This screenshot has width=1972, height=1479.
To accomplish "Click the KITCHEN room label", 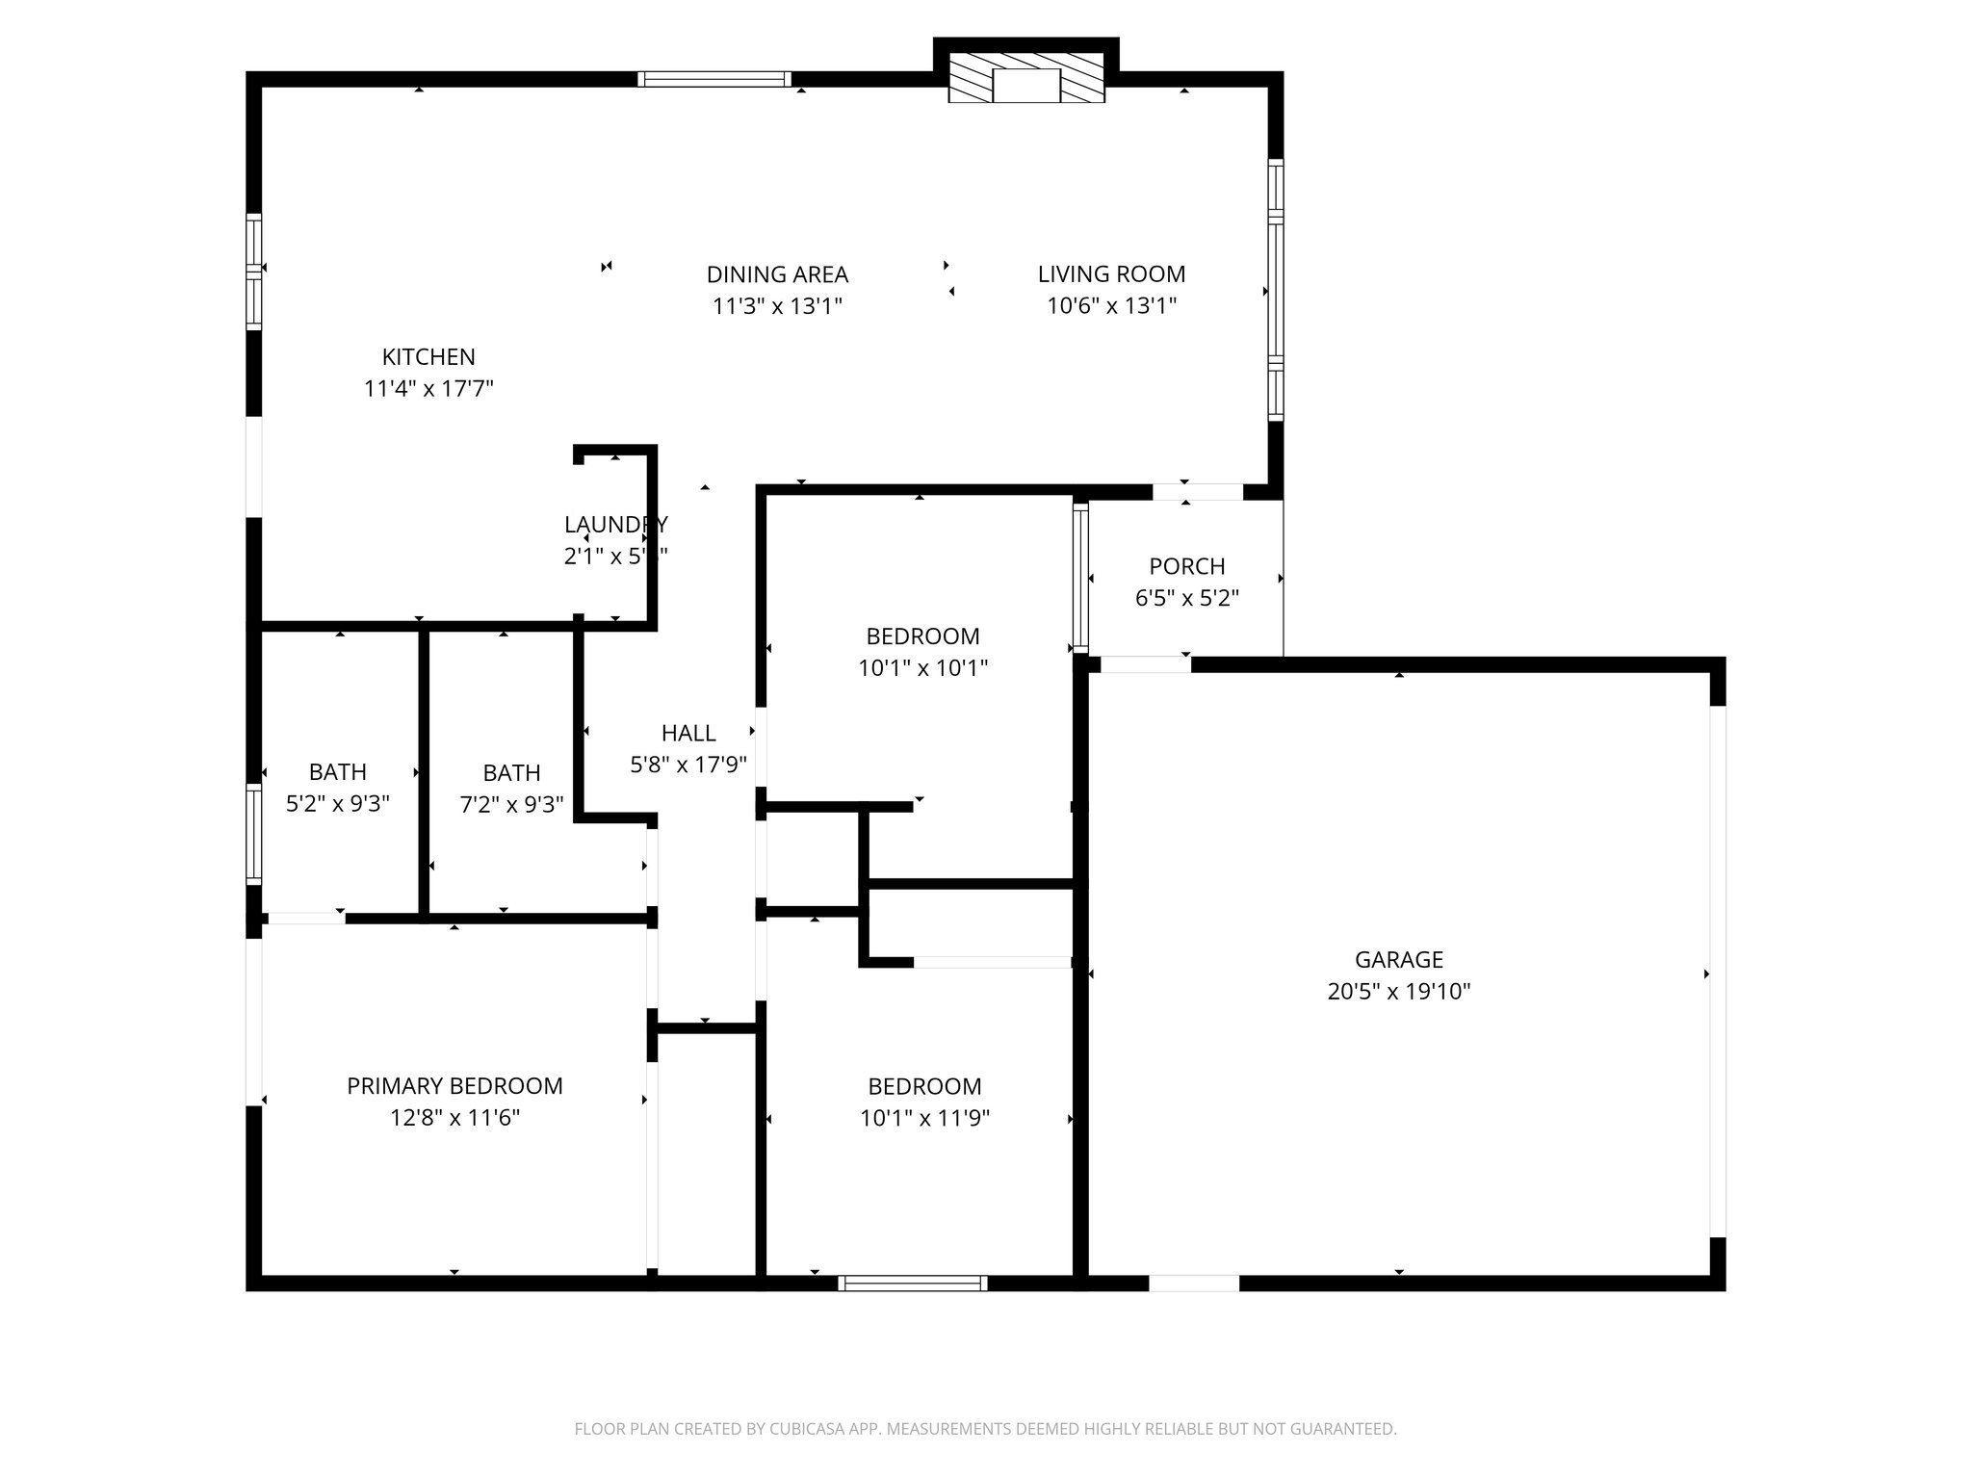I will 428,357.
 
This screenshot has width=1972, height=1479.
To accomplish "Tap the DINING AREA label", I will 777,274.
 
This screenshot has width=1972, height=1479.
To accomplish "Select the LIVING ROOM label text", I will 1111,273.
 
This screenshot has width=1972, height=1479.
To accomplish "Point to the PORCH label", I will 1186,566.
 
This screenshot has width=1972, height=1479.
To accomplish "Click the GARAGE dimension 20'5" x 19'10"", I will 1398,992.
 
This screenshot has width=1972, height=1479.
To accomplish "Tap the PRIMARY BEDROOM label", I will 454,1086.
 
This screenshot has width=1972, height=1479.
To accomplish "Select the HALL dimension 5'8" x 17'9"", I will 688,765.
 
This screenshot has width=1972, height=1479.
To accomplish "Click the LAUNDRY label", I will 615,525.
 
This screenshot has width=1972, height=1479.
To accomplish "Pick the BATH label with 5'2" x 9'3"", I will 337,772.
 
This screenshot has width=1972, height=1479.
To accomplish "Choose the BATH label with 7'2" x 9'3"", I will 511,773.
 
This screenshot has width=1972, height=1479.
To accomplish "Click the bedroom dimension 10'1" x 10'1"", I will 922,668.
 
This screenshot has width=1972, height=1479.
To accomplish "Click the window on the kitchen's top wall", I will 714,80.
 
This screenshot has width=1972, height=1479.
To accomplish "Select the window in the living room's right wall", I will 1275,289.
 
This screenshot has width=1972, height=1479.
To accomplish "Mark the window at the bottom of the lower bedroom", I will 912,1283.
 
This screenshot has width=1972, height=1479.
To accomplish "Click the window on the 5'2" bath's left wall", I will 254,834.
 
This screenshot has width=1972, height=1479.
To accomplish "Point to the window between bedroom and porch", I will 1080,578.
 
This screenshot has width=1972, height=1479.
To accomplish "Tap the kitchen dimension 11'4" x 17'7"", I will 428,389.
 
